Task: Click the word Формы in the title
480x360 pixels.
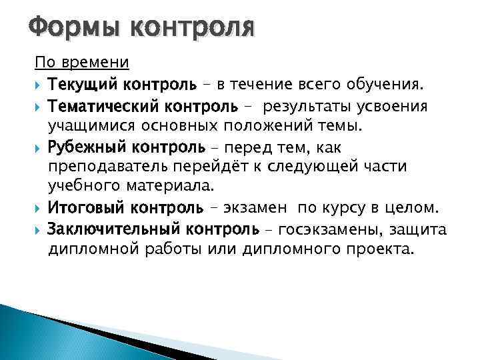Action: pos(70,29)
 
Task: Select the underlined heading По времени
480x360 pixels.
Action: pos(82,63)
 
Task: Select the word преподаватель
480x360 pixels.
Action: pos(111,167)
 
